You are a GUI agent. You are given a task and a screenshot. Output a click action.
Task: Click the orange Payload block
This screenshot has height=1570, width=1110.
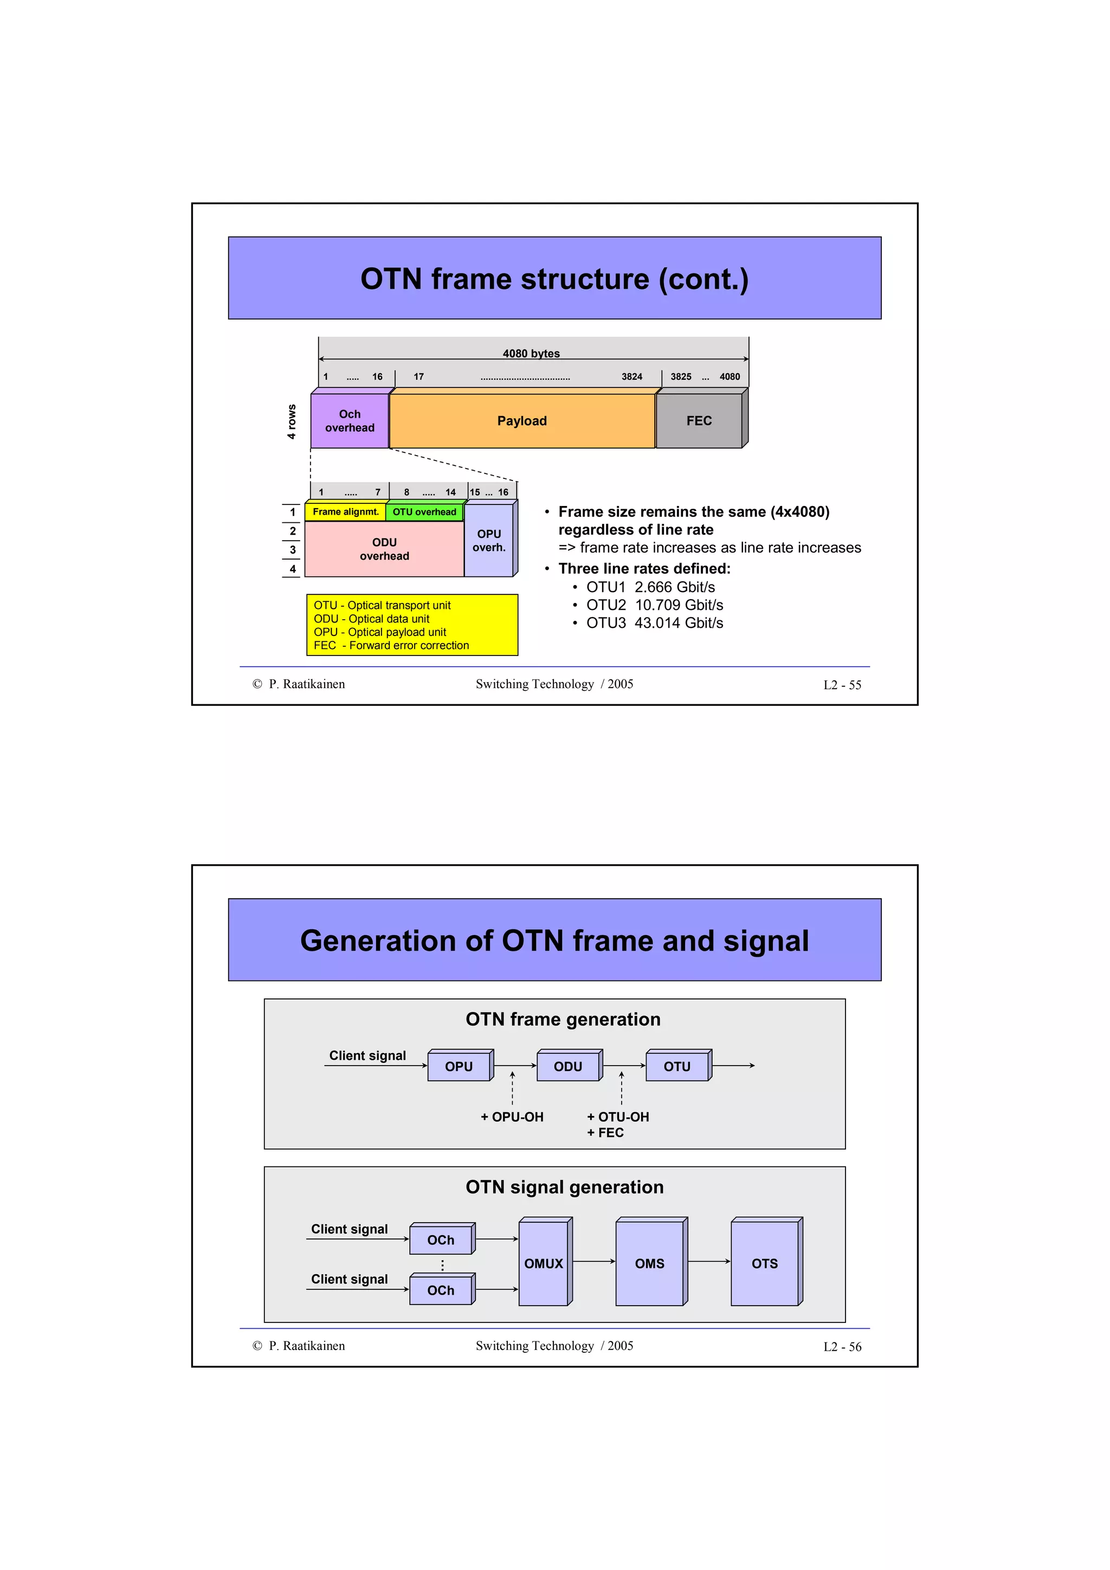(x=522, y=420)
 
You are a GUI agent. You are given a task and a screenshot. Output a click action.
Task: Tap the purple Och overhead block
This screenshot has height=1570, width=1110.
(x=350, y=420)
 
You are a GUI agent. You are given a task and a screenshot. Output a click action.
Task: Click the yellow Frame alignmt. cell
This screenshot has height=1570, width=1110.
(x=345, y=512)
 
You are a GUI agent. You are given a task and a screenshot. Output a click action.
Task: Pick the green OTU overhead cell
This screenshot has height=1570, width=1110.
(x=424, y=512)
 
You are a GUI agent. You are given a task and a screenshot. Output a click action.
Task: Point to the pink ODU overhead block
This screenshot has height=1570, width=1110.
(x=384, y=549)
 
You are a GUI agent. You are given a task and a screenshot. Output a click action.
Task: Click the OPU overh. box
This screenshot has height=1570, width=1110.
(x=488, y=540)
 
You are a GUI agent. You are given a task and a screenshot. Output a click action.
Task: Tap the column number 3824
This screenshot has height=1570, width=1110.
(x=631, y=377)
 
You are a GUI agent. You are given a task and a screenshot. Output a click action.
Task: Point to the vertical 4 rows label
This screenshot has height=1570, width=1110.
(x=292, y=421)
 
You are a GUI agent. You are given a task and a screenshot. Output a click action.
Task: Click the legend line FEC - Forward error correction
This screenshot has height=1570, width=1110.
(x=391, y=646)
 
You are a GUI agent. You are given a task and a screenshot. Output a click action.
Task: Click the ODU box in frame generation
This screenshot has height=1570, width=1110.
(x=567, y=1067)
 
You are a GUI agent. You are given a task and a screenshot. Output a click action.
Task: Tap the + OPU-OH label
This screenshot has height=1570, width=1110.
(x=512, y=1117)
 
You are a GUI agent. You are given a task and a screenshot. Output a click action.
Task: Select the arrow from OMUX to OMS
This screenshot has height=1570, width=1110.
(x=593, y=1262)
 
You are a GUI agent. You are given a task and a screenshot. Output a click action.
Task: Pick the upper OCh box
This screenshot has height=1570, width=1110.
(x=441, y=1240)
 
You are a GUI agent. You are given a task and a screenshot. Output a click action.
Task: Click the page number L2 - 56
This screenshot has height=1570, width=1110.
(x=842, y=1346)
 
